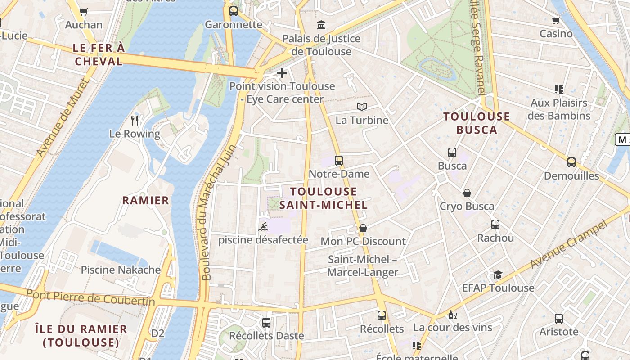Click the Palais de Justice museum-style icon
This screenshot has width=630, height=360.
point(321,25)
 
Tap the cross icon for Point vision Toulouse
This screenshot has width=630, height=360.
point(282,72)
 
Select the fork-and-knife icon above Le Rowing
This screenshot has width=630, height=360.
point(135,120)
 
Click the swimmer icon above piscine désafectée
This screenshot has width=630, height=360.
point(264,226)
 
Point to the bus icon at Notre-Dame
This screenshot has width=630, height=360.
point(339,160)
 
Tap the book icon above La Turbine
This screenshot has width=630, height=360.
point(362,107)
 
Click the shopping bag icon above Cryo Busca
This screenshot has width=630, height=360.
point(467,193)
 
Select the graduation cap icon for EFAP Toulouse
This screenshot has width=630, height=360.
point(498,274)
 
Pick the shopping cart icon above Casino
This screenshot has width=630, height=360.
point(556,20)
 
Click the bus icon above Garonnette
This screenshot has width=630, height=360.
point(233,11)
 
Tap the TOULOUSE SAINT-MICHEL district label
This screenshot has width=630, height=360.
point(324,198)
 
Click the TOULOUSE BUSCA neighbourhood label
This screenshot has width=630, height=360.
point(477,123)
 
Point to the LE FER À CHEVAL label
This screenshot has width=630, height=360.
point(99,54)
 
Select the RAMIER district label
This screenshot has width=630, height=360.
point(146,200)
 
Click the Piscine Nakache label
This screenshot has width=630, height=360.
point(121,270)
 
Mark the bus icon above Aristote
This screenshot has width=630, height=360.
point(559,319)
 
